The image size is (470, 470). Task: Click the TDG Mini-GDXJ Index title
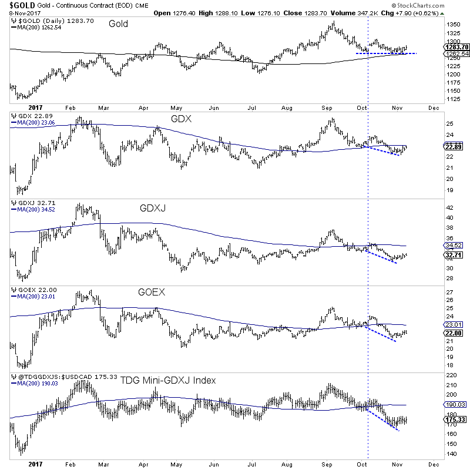[x=169, y=380]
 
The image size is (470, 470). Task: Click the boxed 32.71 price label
[x=455, y=254]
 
